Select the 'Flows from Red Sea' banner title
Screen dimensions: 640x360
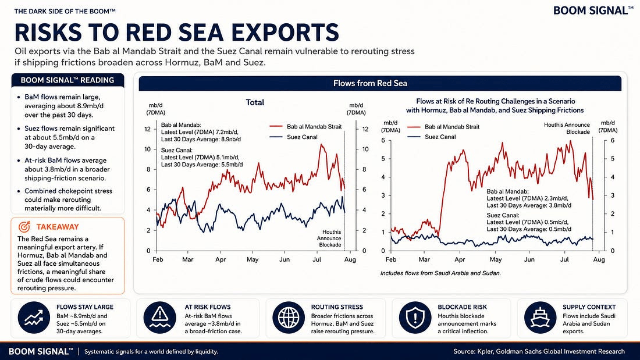click(370, 83)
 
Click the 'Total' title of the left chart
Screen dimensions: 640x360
click(255, 102)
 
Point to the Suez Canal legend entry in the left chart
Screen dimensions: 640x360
click(293, 137)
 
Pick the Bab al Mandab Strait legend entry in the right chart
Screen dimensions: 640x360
click(443, 127)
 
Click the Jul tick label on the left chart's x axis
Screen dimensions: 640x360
click(317, 259)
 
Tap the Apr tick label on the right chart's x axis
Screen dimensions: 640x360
click(460, 259)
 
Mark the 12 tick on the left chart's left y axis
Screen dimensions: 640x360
click(147, 129)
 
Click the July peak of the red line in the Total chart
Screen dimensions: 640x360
click(322, 144)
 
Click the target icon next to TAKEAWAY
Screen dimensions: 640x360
click(24, 227)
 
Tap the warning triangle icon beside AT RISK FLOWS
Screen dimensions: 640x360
click(159, 317)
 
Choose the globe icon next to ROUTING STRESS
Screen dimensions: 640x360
click(288, 317)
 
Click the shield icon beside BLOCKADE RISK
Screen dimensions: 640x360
click(415, 317)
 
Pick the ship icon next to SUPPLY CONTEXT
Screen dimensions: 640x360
click(540, 317)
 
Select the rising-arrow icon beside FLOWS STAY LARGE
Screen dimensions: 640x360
click(34, 317)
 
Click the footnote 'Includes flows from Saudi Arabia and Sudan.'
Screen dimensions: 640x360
click(440, 273)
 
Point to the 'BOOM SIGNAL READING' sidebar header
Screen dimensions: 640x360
click(67, 80)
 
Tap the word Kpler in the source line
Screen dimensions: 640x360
click(486, 351)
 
